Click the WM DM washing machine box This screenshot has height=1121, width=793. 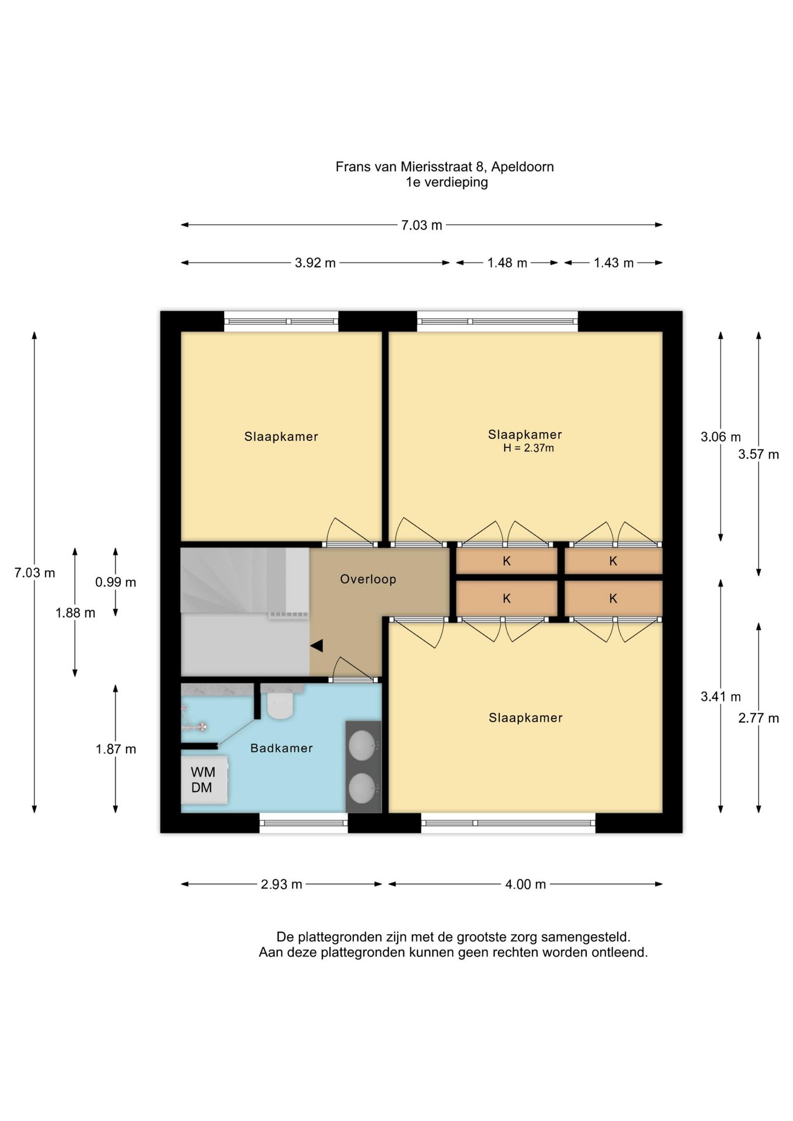point(204,779)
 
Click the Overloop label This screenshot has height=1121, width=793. point(368,579)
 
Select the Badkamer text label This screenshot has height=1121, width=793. point(281,748)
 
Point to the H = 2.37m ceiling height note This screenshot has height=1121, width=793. point(528,448)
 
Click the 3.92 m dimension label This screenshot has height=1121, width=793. point(315,263)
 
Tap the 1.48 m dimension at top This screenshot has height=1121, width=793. point(507,263)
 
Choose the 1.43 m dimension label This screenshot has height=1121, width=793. point(614,263)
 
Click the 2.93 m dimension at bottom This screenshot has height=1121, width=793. point(281,884)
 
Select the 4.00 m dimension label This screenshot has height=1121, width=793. point(526,884)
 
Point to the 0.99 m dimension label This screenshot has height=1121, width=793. point(116,582)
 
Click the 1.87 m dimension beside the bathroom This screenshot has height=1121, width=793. point(116,749)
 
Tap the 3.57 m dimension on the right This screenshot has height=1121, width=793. point(759,454)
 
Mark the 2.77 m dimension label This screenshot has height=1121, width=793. point(759,718)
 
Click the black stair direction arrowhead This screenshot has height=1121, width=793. point(316,646)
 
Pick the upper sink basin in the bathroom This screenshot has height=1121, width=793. point(363,746)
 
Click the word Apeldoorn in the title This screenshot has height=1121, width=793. point(523,167)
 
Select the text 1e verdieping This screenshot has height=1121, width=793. point(447,182)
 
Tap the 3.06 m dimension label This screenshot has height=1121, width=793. point(721,437)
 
